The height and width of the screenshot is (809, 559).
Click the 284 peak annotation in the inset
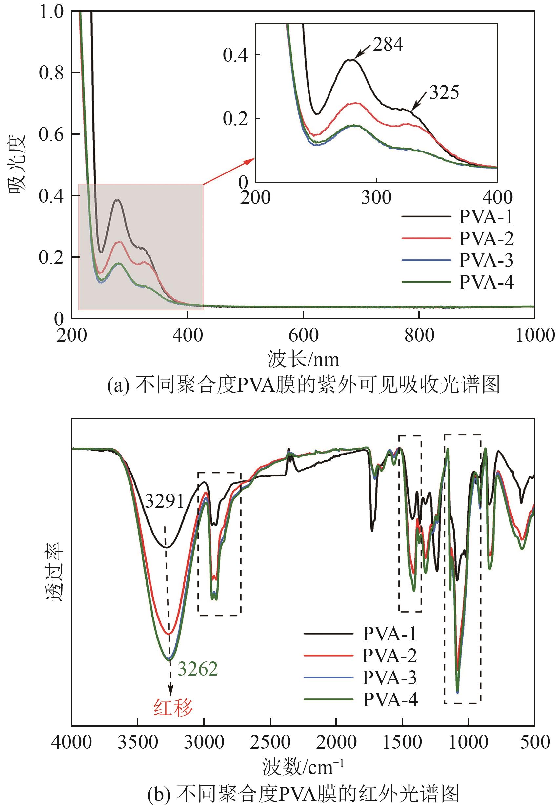388,45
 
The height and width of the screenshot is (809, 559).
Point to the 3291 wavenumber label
164,502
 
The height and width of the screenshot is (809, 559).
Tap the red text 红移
173,707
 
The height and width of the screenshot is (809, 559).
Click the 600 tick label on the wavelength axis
303,335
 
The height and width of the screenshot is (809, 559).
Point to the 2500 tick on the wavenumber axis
270,742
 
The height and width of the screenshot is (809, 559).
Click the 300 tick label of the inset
376,198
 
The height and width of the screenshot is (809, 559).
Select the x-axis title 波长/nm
303,359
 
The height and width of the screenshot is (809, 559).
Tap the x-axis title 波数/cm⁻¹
303,767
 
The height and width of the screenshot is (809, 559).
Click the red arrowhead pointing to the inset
250,161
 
